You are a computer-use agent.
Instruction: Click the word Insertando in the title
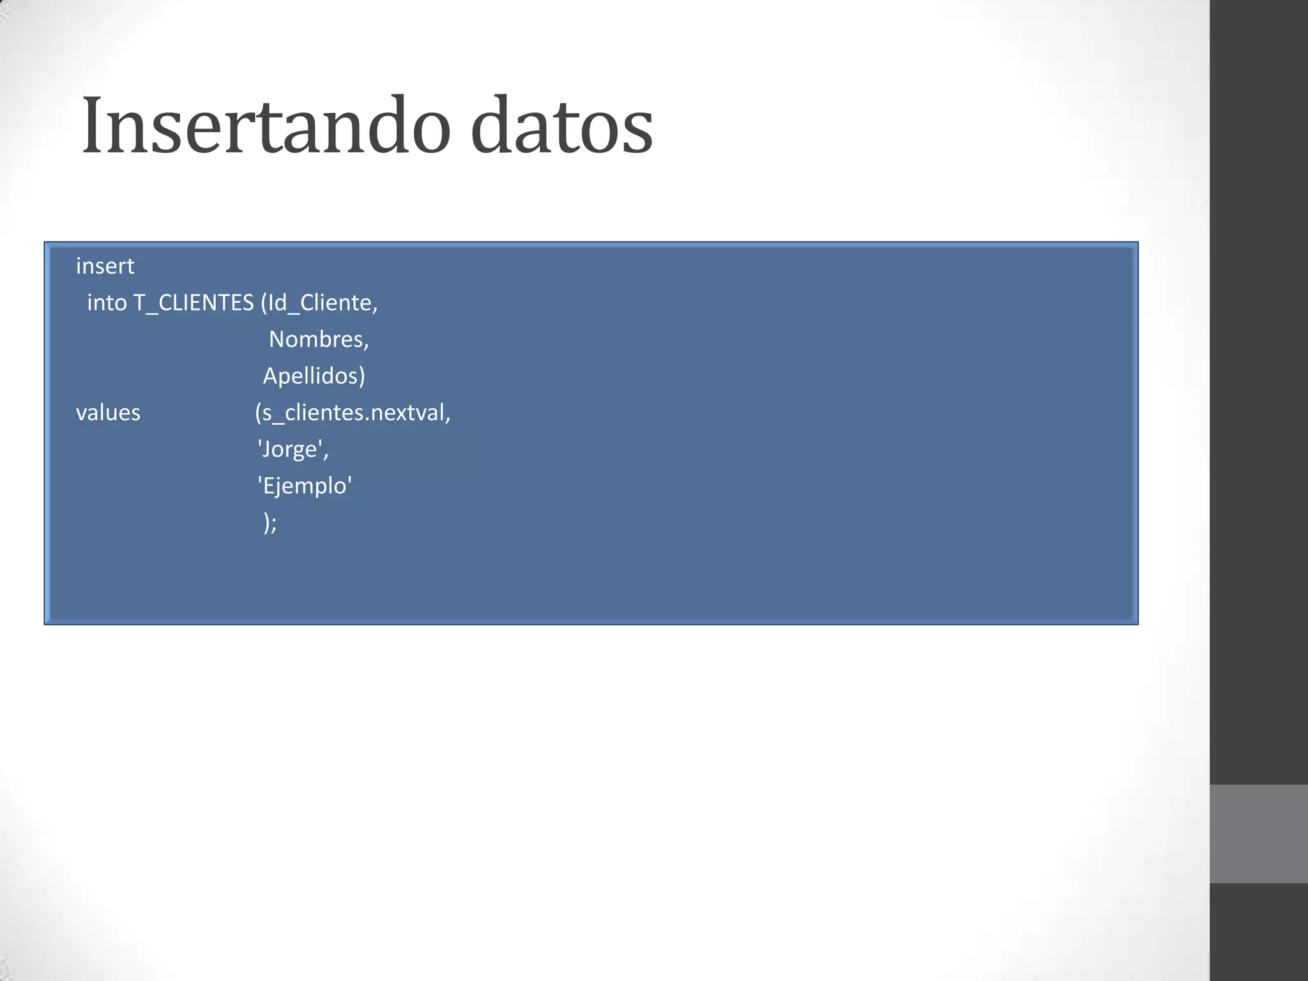[x=266, y=125]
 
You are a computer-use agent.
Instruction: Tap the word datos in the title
[x=561, y=125]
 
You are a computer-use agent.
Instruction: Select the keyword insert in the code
[x=105, y=266]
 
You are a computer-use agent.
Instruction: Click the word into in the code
[x=107, y=303]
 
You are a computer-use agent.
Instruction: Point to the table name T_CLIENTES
[x=193, y=303]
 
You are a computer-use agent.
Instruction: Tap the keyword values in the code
[x=108, y=413]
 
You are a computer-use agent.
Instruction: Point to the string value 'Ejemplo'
[x=305, y=486]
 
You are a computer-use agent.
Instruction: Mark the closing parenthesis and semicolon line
[x=270, y=523]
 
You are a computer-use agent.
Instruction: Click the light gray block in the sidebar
[x=1258, y=833]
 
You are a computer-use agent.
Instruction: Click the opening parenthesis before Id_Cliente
[x=264, y=303]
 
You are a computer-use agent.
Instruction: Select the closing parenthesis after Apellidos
[x=362, y=376]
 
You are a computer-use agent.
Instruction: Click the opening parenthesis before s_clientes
[x=258, y=413]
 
